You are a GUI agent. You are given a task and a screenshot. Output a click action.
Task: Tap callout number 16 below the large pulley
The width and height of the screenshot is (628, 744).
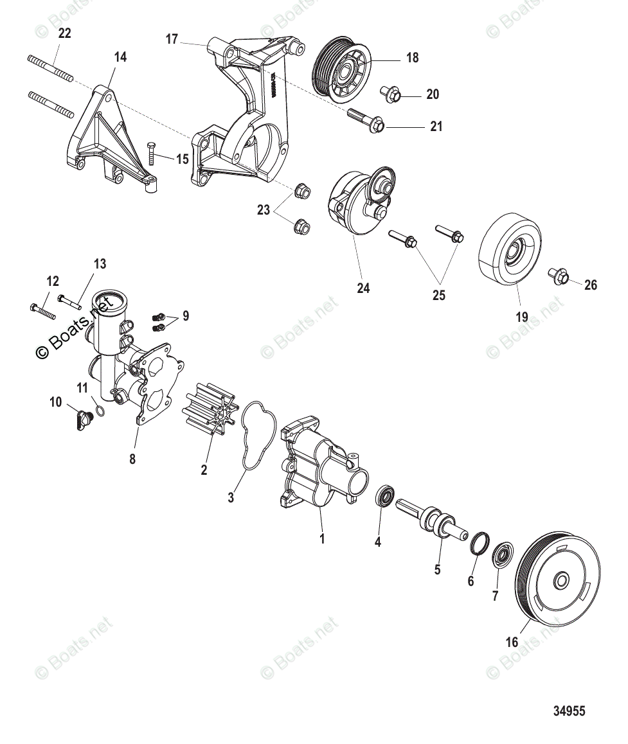point(512,642)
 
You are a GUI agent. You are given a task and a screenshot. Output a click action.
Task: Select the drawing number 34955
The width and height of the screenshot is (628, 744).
point(569,711)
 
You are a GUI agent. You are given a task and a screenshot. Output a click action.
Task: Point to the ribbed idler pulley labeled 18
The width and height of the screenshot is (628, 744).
point(340,71)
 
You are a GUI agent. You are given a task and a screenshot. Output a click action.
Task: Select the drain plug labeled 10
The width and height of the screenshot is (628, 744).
point(83,420)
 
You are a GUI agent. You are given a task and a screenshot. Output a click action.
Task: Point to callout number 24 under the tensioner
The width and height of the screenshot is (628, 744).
point(363,288)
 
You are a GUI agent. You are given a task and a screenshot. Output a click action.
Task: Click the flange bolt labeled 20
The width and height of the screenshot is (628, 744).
point(391,94)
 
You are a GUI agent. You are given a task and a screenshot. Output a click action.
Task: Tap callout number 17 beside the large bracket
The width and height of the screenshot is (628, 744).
point(172,39)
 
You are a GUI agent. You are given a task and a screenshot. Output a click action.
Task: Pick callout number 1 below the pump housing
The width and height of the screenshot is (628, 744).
point(322,538)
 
